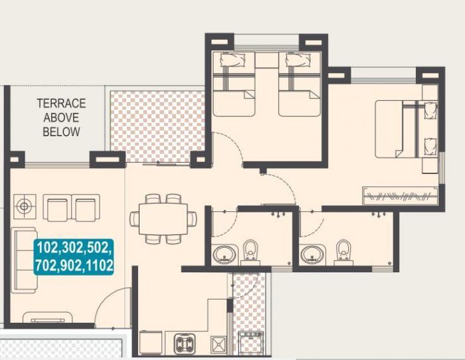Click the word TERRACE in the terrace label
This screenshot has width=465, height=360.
coord(61,104)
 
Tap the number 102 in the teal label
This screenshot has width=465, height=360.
coord(48,249)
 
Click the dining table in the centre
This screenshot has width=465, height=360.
coord(163,219)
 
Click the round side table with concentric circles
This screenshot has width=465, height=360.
coord(25,207)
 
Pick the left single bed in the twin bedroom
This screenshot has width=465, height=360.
coord(234,85)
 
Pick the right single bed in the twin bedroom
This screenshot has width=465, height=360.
coord(300,85)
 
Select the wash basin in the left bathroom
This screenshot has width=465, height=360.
coord(225,254)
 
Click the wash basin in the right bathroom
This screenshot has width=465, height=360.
coord(313,254)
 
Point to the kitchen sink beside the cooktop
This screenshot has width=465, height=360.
coord(218,344)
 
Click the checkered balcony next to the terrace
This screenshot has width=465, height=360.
coord(157,126)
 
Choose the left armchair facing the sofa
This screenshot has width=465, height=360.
coord(56,208)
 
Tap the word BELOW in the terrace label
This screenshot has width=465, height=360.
coord(61,132)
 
